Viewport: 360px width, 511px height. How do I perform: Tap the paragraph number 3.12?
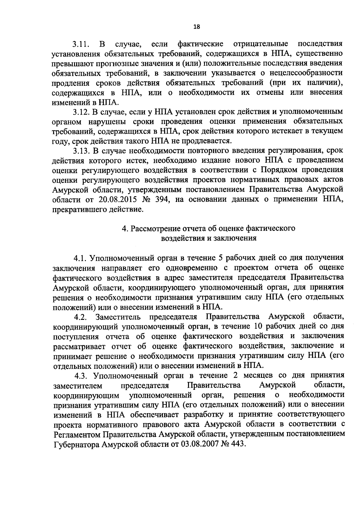(x=81, y=112)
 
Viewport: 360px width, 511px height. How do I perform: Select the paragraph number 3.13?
(x=81, y=150)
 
